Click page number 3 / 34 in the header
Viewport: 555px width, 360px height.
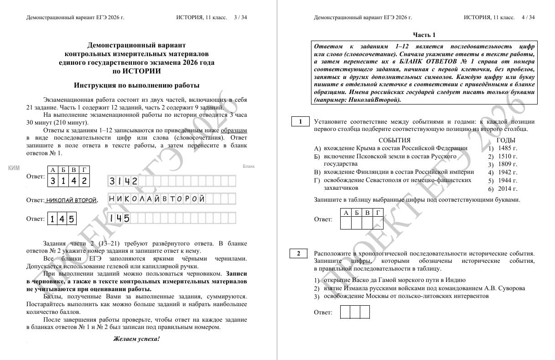click(240, 17)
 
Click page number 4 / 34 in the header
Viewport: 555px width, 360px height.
click(528, 17)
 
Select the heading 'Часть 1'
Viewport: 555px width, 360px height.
click(424, 35)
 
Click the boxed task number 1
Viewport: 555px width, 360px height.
click(300, 121)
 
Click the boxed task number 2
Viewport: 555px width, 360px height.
click(298, 254)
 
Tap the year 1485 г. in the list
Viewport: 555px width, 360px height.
click(508, 148)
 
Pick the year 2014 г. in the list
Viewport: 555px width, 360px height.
click(508, 189)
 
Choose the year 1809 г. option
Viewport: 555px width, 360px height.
click(508, 164)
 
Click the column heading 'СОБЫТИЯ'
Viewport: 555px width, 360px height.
click(394, 141)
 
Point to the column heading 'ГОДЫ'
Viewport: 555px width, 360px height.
click(506, 141)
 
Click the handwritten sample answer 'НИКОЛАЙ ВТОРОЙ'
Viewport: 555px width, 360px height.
click(71, 200)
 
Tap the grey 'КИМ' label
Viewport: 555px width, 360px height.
click(14, 168)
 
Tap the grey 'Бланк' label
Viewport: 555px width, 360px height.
click(249, 167)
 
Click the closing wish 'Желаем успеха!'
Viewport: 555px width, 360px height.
click(136, 339)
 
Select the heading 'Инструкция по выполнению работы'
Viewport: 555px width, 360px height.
click(136, 85)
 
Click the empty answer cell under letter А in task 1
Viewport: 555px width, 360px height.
click(346, 223)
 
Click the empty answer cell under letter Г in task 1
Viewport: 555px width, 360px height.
click(378, 223)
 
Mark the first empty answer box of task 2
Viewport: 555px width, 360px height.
click(345, 312)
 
